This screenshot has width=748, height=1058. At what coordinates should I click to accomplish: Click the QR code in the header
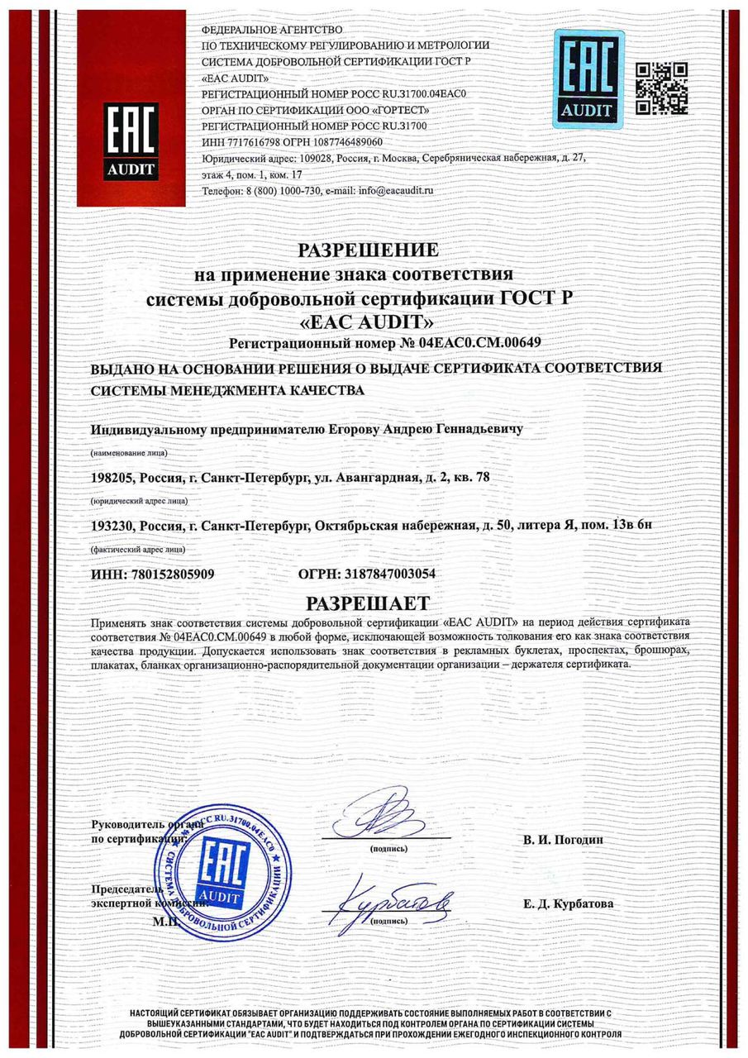tap(661, 88)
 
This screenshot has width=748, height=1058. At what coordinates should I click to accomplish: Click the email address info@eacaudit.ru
tap(394, 190)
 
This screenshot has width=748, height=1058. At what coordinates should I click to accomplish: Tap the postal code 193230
tap(109, 526)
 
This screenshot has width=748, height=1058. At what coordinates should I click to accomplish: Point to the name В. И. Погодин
tap(564, 840)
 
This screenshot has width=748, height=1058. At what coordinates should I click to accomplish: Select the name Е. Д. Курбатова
tap(568, 904)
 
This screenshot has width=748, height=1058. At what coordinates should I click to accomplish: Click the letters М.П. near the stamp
tap(164, 919)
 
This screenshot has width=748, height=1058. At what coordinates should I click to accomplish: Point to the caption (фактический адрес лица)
tap(138, 549)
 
